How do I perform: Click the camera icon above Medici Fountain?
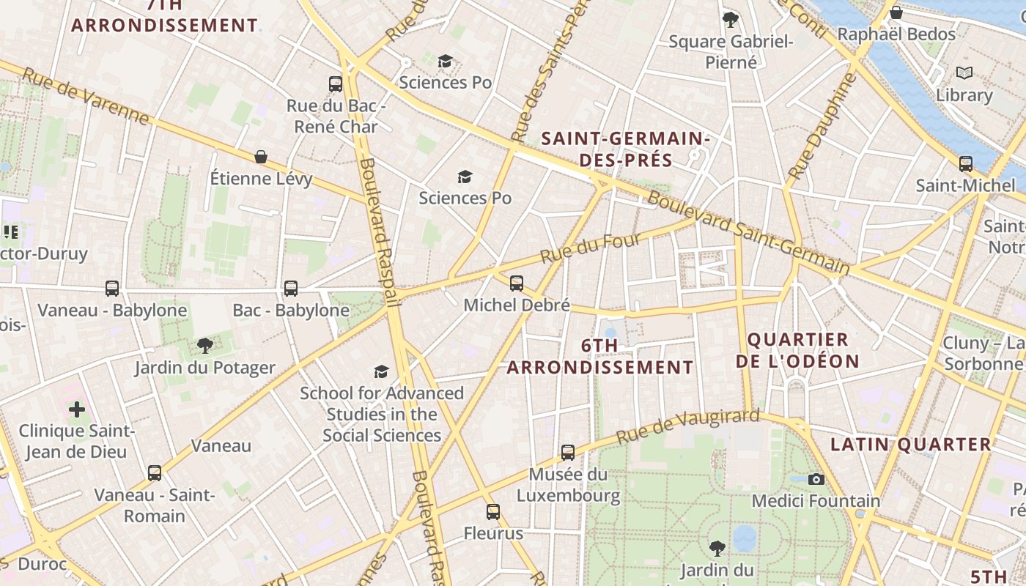point(816,479)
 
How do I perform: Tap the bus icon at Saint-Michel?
point(966,163)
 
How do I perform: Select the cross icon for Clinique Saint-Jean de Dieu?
point(77,409)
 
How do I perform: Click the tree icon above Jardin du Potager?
point(205,345)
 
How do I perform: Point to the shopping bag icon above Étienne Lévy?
point(260,157)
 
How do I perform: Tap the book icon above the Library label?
point(964,73)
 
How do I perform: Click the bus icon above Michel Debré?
point(517,283)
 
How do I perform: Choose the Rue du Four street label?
point(591,248)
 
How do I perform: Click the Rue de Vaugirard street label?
point(687,426)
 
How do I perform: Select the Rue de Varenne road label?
point(86,96)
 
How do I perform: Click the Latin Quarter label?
point(910,445)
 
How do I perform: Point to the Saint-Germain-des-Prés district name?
point(625,149)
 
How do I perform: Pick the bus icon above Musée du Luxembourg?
point(568,453)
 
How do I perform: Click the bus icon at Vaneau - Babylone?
point(112,289)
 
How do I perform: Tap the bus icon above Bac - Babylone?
point(291,289)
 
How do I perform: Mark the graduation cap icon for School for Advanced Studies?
point(381,372)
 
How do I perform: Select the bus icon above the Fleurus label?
point(493,512)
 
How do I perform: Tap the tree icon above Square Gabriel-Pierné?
point(730,19)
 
